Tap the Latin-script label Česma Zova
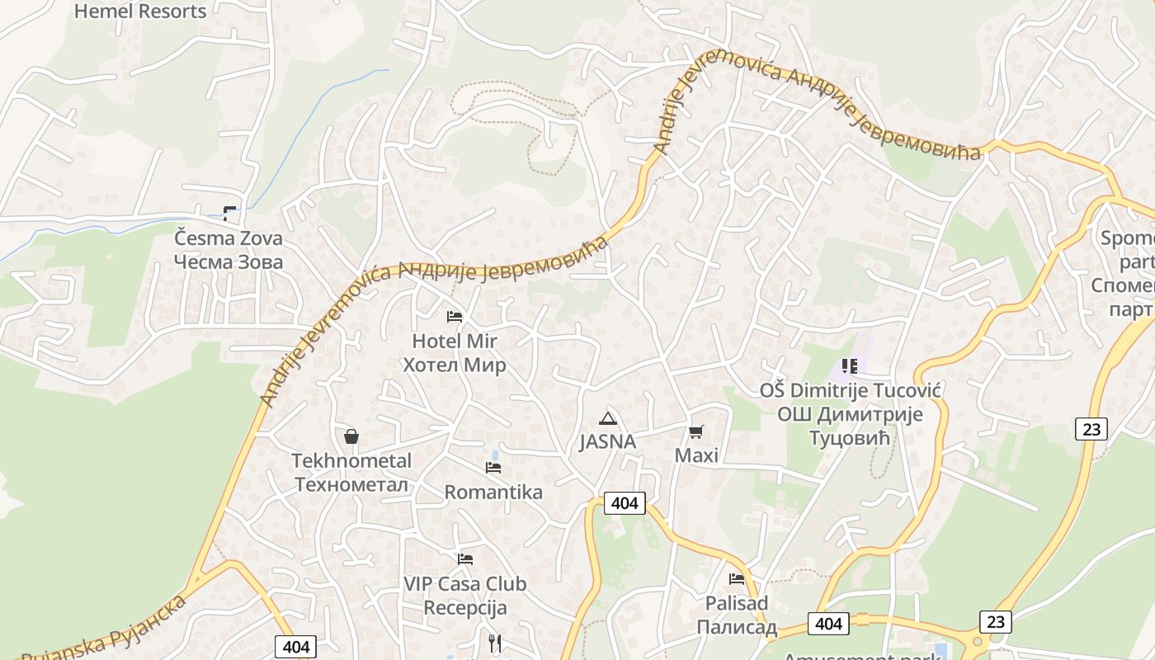[x=229, y=239]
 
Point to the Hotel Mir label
[x=455, y=341]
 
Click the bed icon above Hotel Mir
[x=455, y=317]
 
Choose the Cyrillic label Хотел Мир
[x=455, y=365]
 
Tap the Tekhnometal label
[x=351, y=460]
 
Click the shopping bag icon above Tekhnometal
[x=351, y=436]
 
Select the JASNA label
[x=608, y=441]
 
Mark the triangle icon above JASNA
[x=608, y=418]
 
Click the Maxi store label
[x=696, y=455]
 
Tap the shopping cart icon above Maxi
[x=696, y=431]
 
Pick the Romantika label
[x=493, y=493]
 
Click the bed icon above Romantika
[x=493, y=468]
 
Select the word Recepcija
[x=465, y=609]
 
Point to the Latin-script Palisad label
[x=737, y=603]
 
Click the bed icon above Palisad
[x=737, y=579]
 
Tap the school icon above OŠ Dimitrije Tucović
[x=850, y=366]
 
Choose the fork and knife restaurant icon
[x=495, y=643]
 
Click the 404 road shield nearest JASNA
[x=625, y=502]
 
